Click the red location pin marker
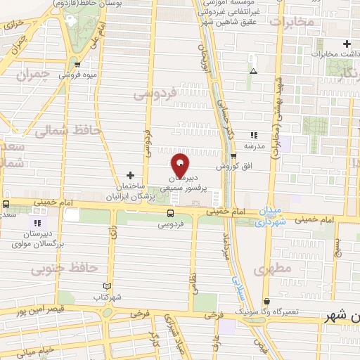click(180, 165)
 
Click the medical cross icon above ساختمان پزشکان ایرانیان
click(130, 174)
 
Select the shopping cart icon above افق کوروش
click(234, 157)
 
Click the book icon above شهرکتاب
click(107, 286)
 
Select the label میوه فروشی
click(77, 73)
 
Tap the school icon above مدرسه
click(253, 135)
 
